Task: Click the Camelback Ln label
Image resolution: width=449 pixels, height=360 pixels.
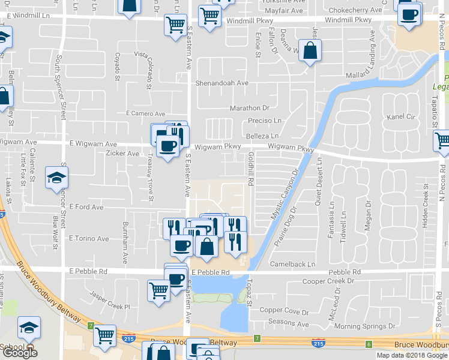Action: tap(292, 264)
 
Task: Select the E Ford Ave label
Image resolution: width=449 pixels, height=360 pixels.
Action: tap(86, 207)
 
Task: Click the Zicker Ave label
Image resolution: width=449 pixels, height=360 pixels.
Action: tap(122, 154)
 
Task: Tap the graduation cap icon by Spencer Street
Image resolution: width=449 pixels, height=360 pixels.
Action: tap(56, 177)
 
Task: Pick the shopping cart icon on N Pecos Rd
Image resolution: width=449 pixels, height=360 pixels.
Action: tap(442, 142)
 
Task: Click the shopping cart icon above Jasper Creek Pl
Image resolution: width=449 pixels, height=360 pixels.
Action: tap(158, 290)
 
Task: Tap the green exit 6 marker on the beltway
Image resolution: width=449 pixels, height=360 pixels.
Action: tap(369, 343)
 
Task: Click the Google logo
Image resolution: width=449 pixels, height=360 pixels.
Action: tap(20, 353)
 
